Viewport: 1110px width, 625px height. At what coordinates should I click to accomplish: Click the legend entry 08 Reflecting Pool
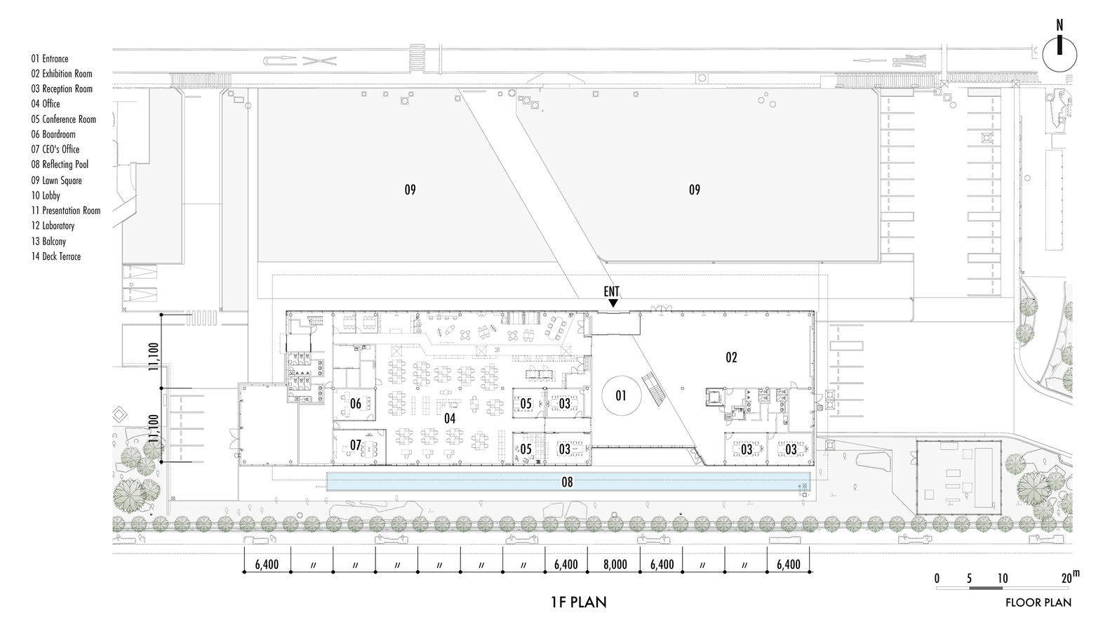(60, 164)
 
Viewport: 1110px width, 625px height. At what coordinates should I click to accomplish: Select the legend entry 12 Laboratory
(53, 225)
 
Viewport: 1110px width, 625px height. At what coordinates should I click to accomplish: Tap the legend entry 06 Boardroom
(53, 134)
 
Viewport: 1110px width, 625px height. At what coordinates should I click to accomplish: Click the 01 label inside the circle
(621, 395)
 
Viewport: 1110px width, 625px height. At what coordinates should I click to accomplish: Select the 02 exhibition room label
(731, 357)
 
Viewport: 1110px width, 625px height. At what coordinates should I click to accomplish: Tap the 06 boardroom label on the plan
(356, 403)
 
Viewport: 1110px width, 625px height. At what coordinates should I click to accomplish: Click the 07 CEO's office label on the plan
(355, 445)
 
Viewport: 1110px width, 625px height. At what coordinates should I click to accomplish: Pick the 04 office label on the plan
(450, 419)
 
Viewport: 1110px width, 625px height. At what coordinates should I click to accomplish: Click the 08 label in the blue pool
(567, 482)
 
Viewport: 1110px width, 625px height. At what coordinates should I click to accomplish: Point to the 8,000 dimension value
(615, 565)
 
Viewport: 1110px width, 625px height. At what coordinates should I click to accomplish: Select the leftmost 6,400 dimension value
(267, 565)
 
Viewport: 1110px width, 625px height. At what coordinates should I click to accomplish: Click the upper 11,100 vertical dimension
(154, 357)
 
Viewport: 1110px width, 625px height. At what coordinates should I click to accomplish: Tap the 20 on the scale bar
(1067, 579)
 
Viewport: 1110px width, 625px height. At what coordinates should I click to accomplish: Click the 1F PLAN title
(579, 603)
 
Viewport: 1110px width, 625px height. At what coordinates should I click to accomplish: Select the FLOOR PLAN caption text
(1038, 603)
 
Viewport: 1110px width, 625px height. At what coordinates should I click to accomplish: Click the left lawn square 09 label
(410, 190)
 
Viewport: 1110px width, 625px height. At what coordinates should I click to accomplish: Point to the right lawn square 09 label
(695, 190)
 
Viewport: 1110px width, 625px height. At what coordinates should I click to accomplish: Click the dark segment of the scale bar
(986, 588)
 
